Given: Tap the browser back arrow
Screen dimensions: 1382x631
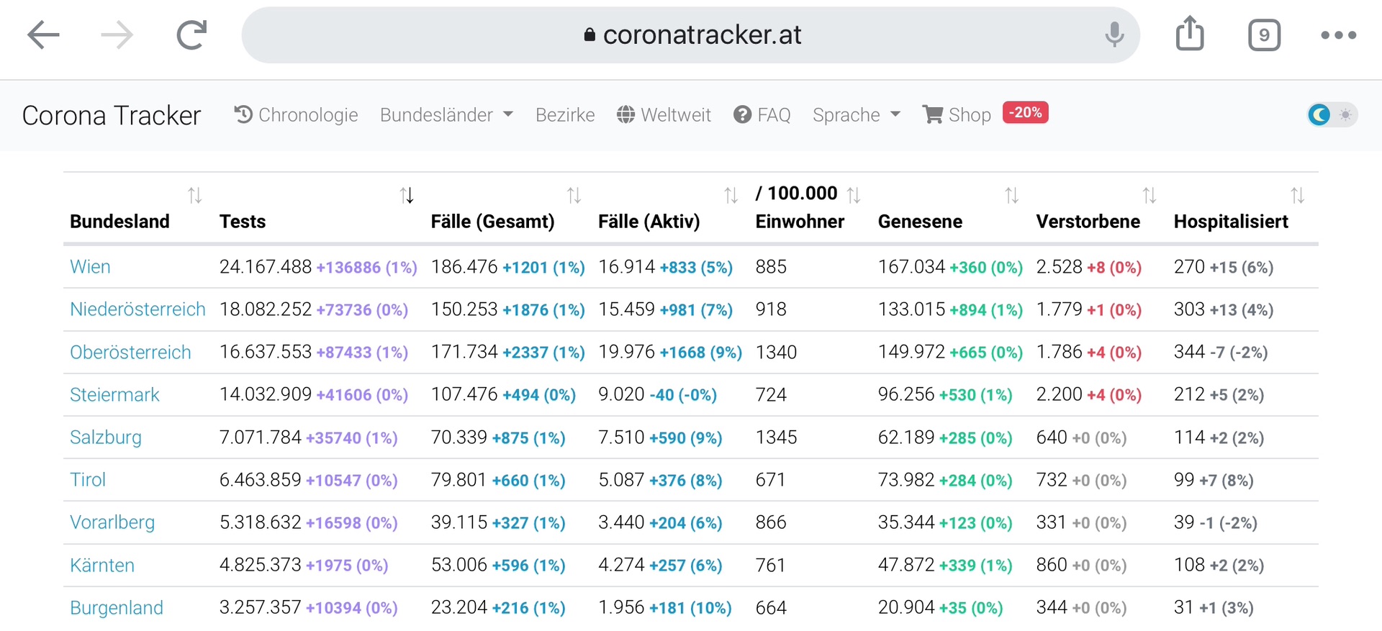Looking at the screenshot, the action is [43, 35].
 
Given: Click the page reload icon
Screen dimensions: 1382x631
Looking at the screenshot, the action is [191, 35].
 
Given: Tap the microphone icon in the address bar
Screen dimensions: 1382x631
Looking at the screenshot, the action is [1114, 35].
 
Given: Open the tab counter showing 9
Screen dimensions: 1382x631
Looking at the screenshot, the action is [1264, 35].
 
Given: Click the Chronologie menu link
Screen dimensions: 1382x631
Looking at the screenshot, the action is [296, 115].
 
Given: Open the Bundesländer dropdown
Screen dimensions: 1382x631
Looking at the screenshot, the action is [446, 115].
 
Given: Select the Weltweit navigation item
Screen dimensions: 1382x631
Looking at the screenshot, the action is [664, 115].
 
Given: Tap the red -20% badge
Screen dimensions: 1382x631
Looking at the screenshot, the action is [1025, 112].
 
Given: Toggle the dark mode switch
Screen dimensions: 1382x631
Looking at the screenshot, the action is [1332, 114].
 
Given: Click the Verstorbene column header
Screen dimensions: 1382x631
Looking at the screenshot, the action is [1088, 222].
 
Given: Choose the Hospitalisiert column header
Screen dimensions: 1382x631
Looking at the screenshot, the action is [1231, 222].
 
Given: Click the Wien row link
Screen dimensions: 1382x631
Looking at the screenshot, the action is [90, 267].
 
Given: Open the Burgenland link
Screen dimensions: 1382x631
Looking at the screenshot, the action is [117, 608].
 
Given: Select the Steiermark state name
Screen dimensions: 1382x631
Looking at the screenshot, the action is [114, 395].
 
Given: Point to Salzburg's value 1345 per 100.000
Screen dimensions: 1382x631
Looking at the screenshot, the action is [776, 437].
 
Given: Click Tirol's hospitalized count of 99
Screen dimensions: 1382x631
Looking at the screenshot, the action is [1184, 480].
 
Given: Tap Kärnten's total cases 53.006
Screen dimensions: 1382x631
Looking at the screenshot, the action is [459, 565].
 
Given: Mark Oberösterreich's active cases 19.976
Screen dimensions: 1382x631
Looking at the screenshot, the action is [627, 352].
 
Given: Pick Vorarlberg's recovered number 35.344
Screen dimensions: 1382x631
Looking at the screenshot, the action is [906, 522].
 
